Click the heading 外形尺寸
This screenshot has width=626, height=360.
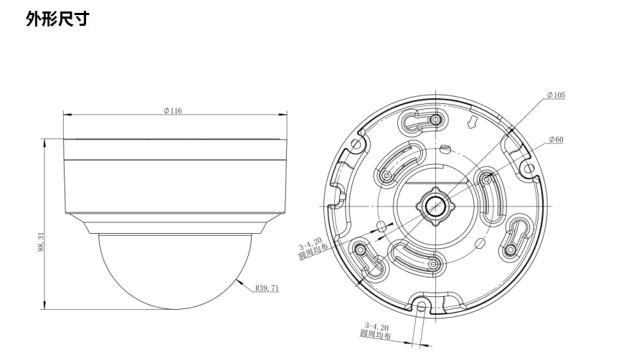pyautogui.click(x=57, y=19)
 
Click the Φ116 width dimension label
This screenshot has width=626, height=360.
pyautogui.click(x=173, y=110)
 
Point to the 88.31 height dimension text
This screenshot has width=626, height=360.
pyautogui.click(x=40, y=242)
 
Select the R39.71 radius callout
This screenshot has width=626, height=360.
pyautogui.click(x=267, y=288)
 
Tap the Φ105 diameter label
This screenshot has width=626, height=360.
pyautogui.click(x=556, y=95)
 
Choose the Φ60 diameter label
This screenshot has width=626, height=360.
pyautogui.click(x=556, y=139)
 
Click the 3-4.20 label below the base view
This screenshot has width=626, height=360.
pyautogui.click(x=376, y=327)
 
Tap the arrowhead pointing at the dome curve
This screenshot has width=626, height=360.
pyautogui.click(x=240, y=282)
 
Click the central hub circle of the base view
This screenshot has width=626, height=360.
pyautogui.click(x=435, y=206)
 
